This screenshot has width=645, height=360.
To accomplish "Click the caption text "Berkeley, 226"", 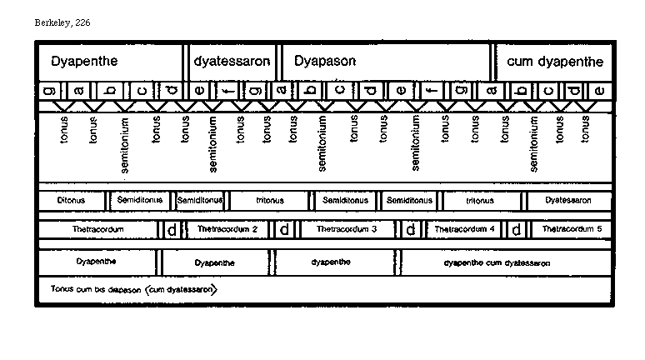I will click(62, 22).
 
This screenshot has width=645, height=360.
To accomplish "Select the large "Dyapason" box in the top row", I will click(385, 62).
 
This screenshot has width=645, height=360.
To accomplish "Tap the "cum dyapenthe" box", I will click(554, 62).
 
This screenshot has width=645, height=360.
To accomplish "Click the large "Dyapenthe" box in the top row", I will click(110, 62).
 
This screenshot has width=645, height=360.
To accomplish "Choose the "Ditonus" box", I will click(73, 201).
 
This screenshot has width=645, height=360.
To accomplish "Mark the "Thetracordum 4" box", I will click(464, 228).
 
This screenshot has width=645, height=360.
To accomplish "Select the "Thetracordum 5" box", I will click(572, 228).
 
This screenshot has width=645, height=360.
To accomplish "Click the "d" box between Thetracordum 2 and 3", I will click(284, 229).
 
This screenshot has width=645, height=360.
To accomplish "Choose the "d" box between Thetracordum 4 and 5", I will click(517, 229).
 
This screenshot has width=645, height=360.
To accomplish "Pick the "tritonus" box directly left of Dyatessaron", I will click(480, 201).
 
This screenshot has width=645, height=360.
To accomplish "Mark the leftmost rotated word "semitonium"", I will click(124, 143).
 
